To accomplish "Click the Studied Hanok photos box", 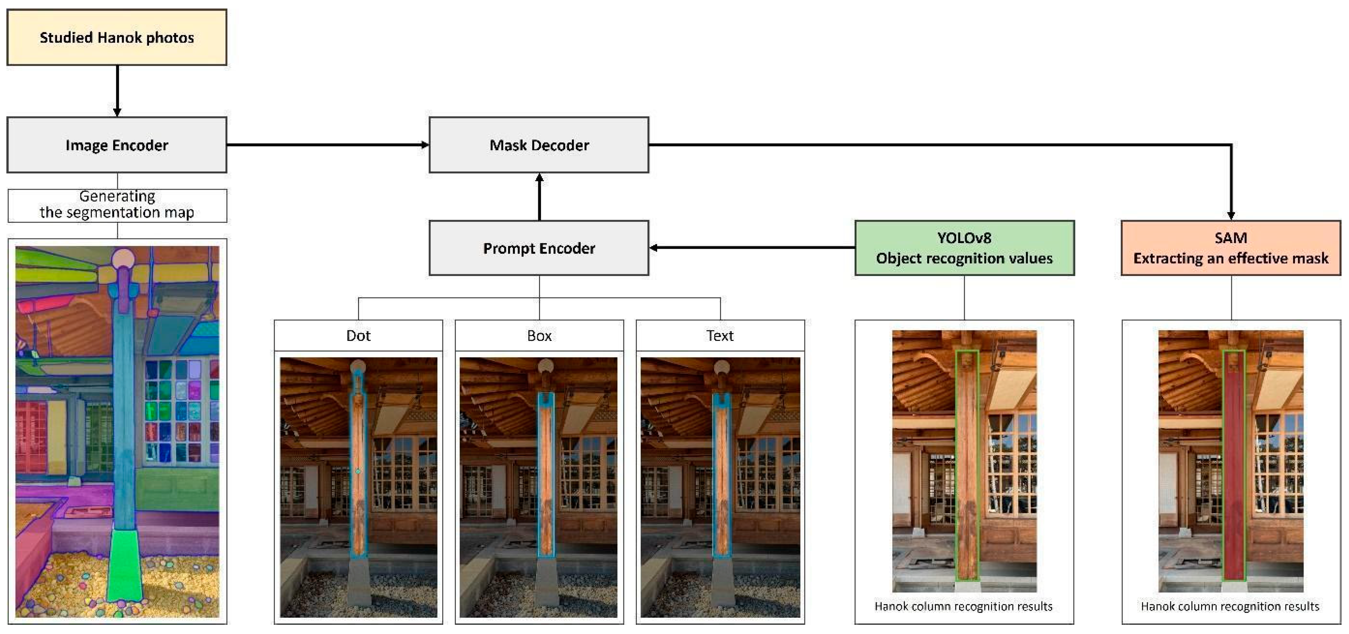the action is click(117, 37).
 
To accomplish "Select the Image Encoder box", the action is click(117, 145).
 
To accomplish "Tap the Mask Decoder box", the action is click(539, 145).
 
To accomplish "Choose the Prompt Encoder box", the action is click(539, 248).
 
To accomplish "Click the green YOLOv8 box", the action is click(964, 248).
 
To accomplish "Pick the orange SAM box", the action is click(1230, 248).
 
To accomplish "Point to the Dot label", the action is click(358, 336).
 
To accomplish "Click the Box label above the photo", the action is click(539, 336).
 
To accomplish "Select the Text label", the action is click(720, 336).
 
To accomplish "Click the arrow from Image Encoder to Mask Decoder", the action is click(327, 145).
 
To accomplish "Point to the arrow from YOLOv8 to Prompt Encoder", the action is click(751, 248).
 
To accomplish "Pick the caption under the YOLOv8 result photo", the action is click(964, 606).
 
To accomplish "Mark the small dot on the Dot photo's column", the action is click(358, 471).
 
